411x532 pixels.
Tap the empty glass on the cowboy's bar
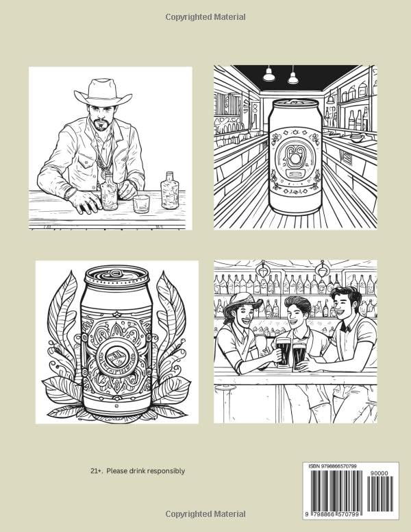(141, 204)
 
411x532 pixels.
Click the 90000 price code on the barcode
(379, 473)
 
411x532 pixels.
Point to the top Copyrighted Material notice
(206, 17)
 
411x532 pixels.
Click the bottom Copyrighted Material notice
(206, 514)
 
